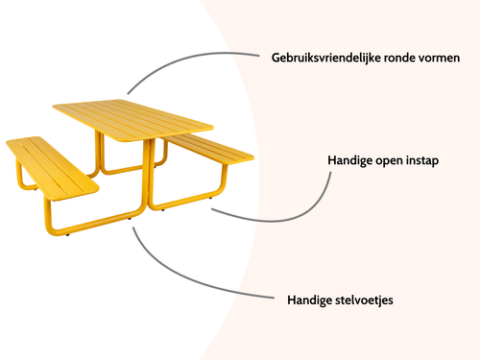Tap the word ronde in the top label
pos(395,59)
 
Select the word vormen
pos(438,59)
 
